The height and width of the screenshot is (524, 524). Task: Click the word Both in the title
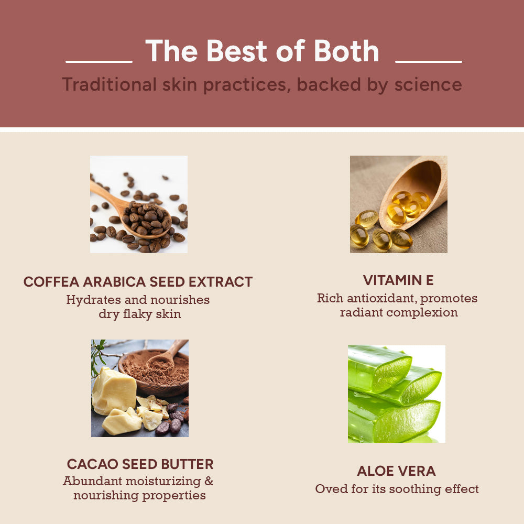point(346,51)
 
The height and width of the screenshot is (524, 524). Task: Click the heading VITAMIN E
point(398,280)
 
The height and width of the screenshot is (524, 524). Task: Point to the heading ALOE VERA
point(396,471)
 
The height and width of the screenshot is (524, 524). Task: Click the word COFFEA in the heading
point(51,282)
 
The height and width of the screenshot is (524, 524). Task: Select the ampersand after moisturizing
point(209,481)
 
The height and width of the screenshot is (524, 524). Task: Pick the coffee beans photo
point(139,204)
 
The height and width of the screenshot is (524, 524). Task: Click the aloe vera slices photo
point(397,394)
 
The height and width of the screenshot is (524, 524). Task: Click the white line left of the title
point(99,62)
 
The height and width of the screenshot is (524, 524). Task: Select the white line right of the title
point(429,62)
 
